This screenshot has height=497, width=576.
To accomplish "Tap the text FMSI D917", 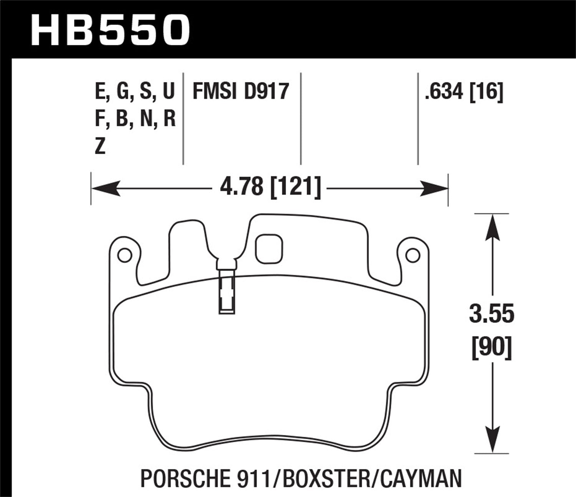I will (240, 92).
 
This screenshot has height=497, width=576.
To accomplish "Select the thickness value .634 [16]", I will (463, 92).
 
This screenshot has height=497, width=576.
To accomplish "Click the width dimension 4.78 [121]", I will (270, 188).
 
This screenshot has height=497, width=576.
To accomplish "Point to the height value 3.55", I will (491, 314).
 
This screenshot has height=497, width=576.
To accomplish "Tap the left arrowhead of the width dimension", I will (106, 189).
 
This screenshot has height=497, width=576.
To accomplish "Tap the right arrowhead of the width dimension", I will (434, 189).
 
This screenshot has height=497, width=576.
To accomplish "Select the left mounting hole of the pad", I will (124, 255).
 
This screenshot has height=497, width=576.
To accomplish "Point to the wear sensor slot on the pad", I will (226, 291).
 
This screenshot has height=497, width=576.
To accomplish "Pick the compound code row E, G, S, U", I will (134, 92).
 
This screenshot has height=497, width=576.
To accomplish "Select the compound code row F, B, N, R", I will (135, 119).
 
